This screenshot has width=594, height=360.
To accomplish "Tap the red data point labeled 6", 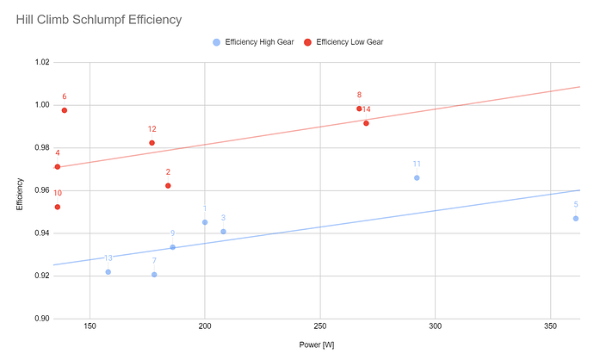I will click(65, 110).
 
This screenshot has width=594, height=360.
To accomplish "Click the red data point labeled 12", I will click(152, 143).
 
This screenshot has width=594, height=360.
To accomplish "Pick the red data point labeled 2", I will click(168, 186).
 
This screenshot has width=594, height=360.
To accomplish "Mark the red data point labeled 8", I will click(359, 109).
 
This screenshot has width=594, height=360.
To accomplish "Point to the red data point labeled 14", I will click(366, 123).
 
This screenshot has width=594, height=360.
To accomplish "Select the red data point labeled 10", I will click(58, 207).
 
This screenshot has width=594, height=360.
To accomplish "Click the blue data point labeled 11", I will click(417, 177).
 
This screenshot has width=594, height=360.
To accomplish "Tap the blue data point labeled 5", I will click(575, 219).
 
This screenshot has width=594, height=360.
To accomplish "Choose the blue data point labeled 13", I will click(108, 272).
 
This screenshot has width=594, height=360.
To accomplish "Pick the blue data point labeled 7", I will click(154, 275).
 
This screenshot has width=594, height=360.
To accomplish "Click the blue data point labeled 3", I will click(223, 232).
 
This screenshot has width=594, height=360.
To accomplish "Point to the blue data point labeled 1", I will click(205, 222).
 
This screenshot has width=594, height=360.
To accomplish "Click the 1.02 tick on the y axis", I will click(41, 63).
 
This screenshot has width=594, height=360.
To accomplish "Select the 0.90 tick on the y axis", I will click(41, 319).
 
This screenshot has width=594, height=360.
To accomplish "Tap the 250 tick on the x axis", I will click(320, 328).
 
